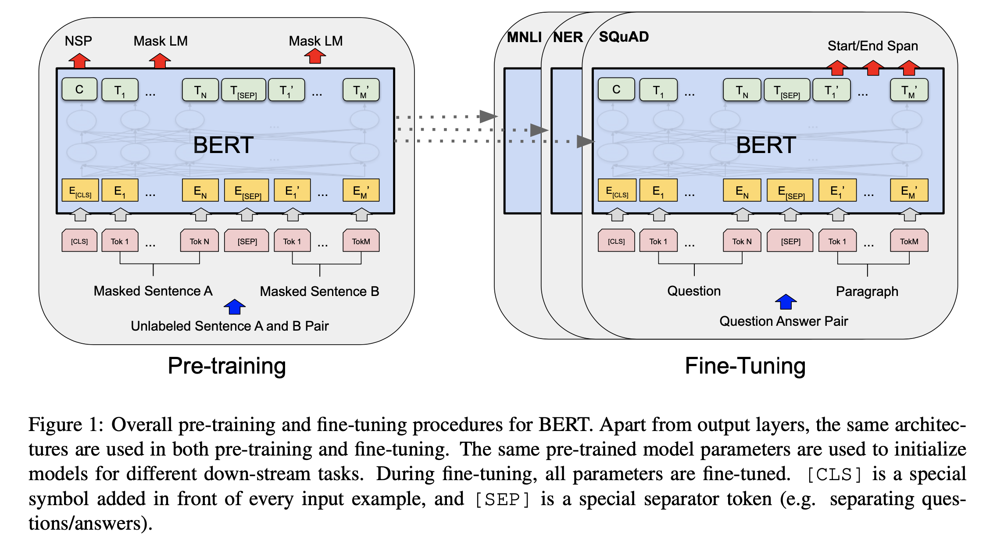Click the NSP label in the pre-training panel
(x=79, y=41)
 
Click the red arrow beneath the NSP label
(x=79, y=61)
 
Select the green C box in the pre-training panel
(x=79, y=89)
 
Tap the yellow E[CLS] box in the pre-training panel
(x=80, y=190)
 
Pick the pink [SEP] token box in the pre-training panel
(x=246, y=241)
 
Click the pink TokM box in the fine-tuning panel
(x=909, y=241)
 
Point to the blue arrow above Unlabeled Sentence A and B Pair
(x=235, y=307)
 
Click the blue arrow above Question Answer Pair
(x=786, y=302)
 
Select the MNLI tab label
(x=524, y=37)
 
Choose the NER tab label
(x=568, y=37)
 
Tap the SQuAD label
(x=624, y=37)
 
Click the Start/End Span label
(x=872, y=46)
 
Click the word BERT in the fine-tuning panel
(x=766, y=145)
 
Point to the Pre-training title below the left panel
(x=227, y=366)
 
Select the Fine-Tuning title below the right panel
(x=745, y=366)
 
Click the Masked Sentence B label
(x=319, y=292)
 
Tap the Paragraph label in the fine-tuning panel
(x=867, y=292)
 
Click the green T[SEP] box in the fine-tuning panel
(x=787, y=90)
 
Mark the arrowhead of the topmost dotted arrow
(x=489, y=117)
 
